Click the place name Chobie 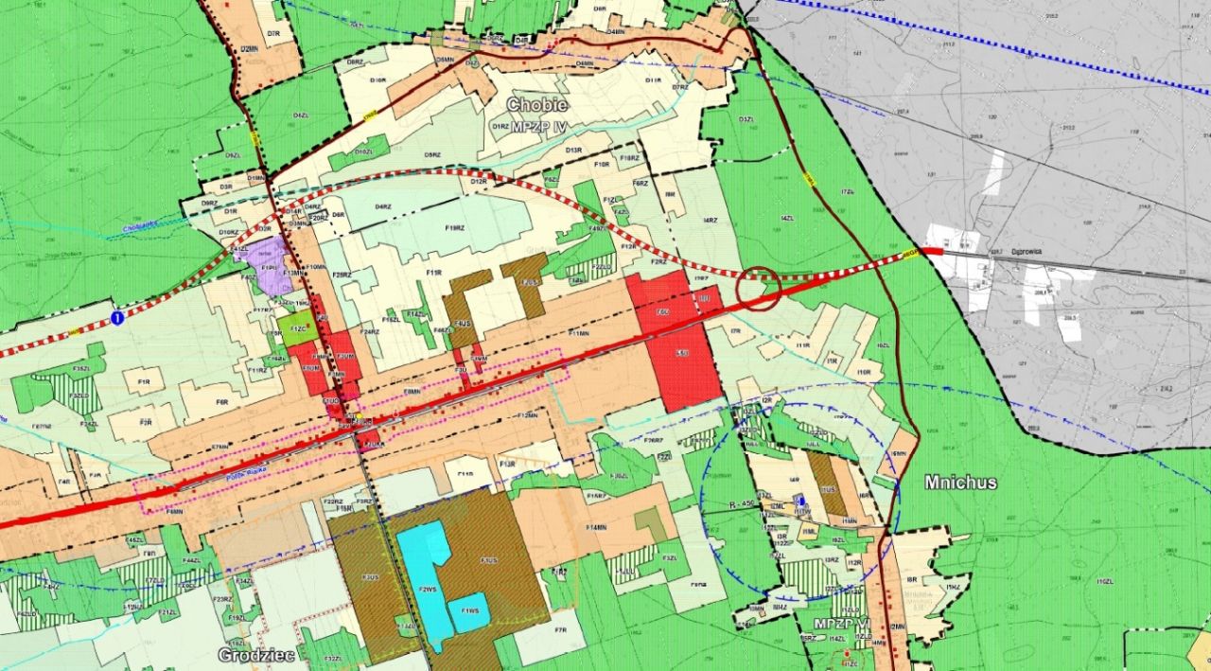click(536, 104)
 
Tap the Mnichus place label click(961, 483)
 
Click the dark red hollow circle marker click(760, 288)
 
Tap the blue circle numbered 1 click(116, 317)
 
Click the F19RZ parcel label click(454, 227)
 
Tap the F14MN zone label click(596, 527)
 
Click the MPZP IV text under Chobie click(536, 126)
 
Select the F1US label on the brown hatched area click(488, 561)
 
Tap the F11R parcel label click(434, 274)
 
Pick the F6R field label click(222, 402)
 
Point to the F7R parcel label click(560, 630)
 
